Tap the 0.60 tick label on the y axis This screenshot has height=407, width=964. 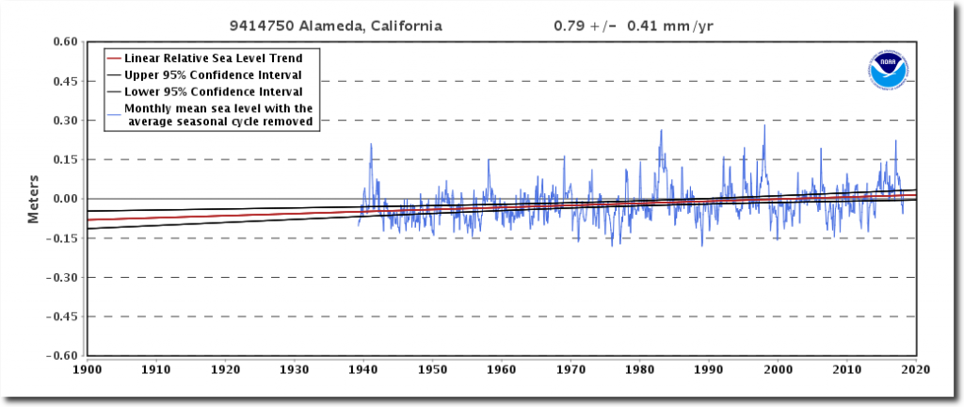tap(64, 41)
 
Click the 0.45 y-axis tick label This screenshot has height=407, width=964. tap(64, 81)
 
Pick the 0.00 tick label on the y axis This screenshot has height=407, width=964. tap(64, 199)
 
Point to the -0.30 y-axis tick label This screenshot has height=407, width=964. tap(62, 277)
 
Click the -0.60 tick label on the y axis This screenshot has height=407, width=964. tap(62, 356)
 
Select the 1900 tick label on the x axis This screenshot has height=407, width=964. tap(88, 370)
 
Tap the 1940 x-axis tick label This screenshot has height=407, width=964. tap(363, 370)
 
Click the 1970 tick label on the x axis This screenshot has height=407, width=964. tap(570, 370)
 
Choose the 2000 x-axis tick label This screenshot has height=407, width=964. tap(778, 370)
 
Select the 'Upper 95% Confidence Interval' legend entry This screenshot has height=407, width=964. tap(213, 74)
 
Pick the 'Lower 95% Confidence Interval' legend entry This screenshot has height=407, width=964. tap(213, 91)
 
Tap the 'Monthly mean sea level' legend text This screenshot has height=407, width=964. tap(218, 114)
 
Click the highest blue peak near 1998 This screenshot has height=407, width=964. tap(764, 126)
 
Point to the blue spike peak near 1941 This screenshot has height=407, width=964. tap(371, 144)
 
